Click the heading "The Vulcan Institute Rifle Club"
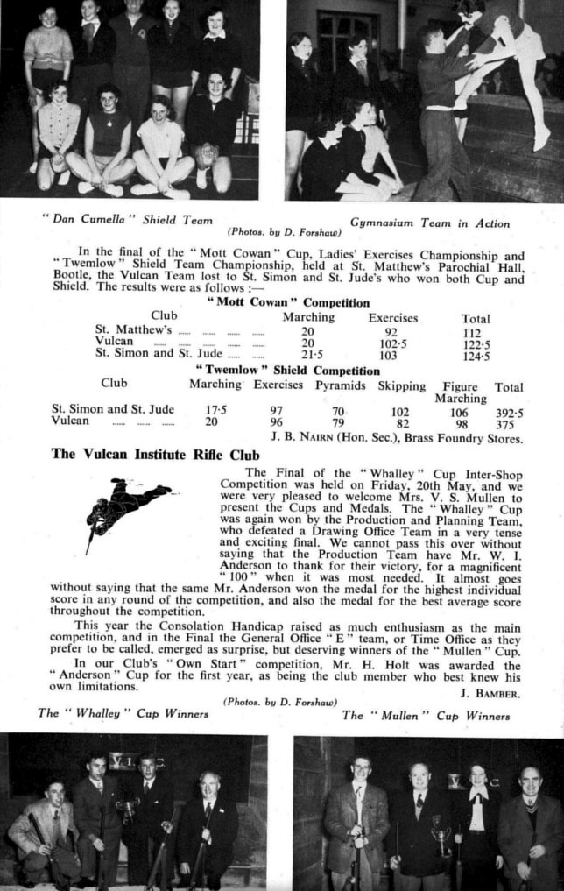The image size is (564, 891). pos(145,454)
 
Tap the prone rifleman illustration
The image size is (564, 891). pos(126,509)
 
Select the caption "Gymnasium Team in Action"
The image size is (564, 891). pos(429,223)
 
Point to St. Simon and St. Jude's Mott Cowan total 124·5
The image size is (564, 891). pos(475,356)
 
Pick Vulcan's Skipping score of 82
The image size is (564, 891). pos(402,421)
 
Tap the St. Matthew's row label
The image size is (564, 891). pos(133,330)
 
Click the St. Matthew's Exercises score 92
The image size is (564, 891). pos(391,331)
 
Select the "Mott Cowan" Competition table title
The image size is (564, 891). pos(286,302)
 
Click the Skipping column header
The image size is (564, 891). pos(401,385)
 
